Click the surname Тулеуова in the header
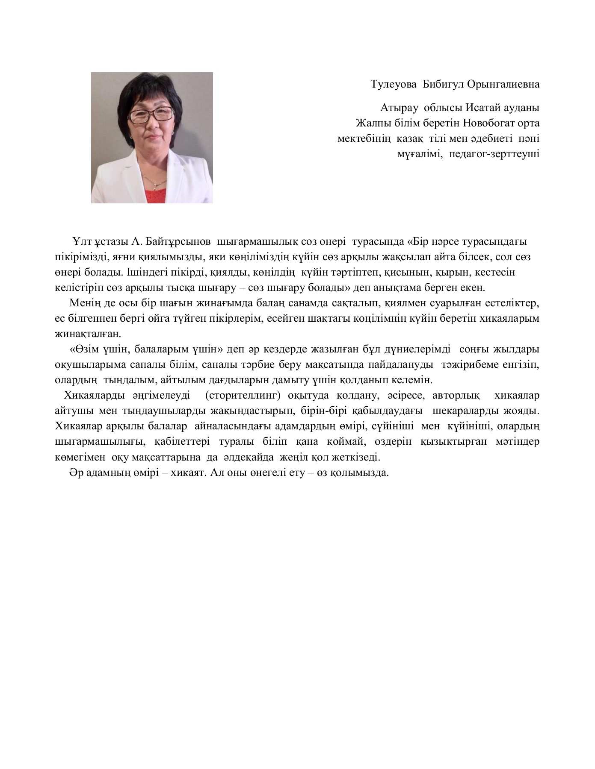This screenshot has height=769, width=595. (x=394, y=84)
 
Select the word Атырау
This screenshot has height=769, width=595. (x=399, y=108)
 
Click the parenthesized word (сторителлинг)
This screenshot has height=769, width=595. (x=243, y=396)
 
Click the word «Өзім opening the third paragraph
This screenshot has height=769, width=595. (x=85, y=349)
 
